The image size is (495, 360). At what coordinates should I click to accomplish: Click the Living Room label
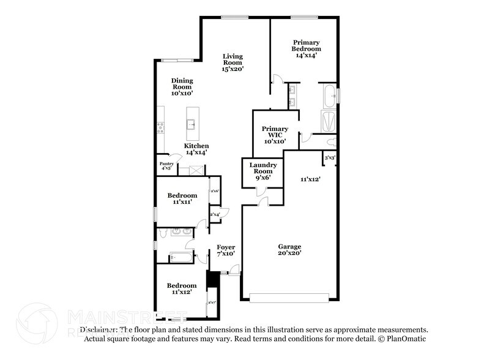click(233, 62)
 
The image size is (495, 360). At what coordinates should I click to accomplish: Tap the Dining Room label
click(182, 87)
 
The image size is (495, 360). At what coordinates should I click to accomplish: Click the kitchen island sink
click(192, 124)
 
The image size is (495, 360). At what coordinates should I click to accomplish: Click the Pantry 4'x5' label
click(166, 165)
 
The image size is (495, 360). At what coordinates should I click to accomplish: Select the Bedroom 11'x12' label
click(182, 289)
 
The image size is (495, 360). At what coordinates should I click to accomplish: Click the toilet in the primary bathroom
click(331, 142)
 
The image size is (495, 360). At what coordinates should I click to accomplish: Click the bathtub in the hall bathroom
click(182, 258)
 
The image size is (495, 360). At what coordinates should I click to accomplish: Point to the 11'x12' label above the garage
click(310, 179)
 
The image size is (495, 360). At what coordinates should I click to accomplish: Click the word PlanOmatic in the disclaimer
click(407, 339)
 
